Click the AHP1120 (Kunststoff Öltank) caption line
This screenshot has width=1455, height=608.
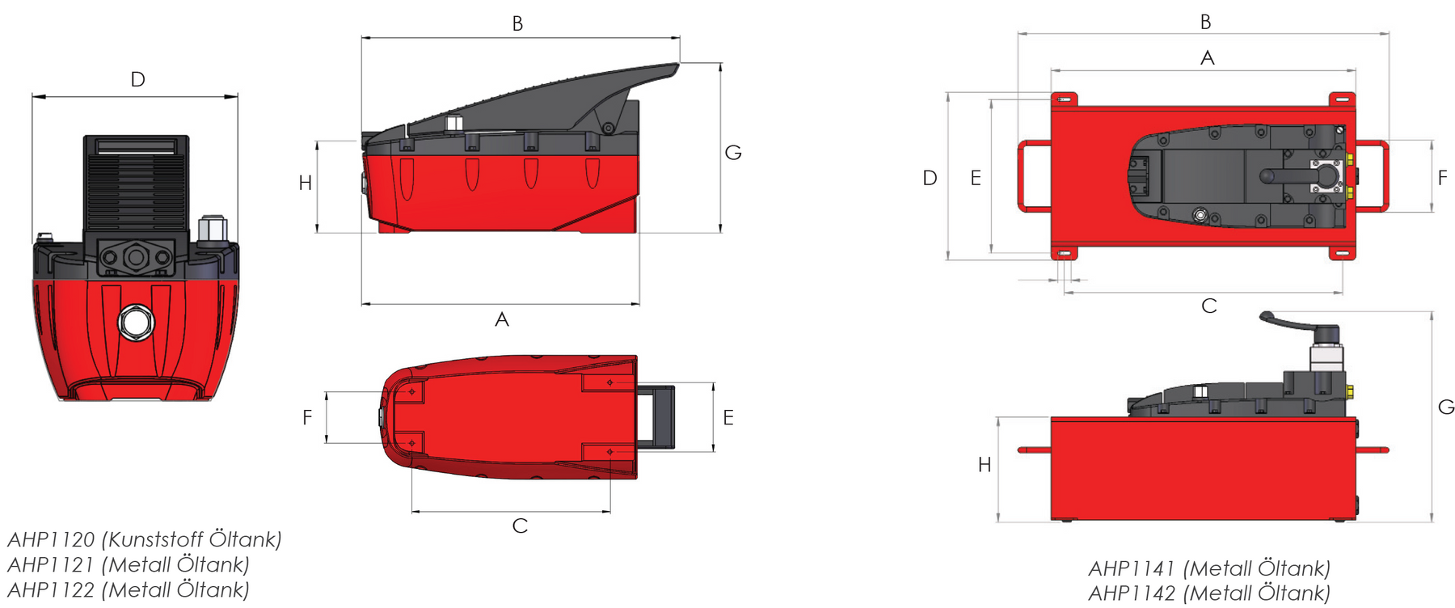[x=144, y=539]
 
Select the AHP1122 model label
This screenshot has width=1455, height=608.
[x=129, y=590]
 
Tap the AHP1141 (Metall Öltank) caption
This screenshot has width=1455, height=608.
[x=1209, y=568]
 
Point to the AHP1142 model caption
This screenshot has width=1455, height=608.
[x=1209, y=593]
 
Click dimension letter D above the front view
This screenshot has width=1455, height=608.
[x=138, y=79]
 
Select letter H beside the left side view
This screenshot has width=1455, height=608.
[x=305, y=184]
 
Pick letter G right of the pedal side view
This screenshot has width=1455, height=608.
[x=733, y=153]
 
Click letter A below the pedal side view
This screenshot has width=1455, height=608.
[x=502, y=320]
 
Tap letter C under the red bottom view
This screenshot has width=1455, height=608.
[x=520, y=526]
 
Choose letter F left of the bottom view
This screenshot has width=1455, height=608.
[x=307, y=417]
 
